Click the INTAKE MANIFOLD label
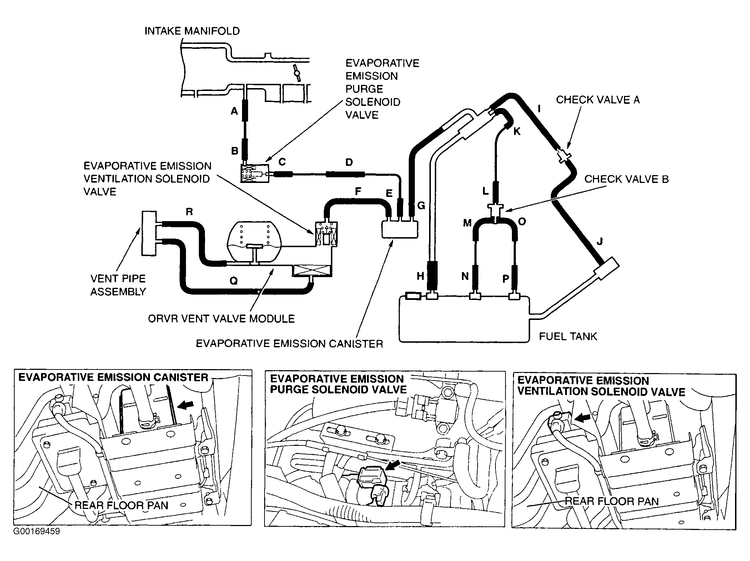click(192, 31)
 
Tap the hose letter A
click(234, 112)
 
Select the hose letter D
click(349, 163)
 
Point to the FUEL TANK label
click(568, 336)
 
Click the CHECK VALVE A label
click(598, 100)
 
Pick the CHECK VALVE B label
click(626, 179)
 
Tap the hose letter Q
click(233, 281)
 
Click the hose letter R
click(189, 212)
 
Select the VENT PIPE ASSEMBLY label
click(118, 285)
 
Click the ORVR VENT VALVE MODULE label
click(221, 318)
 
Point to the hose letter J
click(600, 242)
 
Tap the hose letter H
click(420, 276)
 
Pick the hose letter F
click(358, 192)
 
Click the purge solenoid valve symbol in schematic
click(255, 173)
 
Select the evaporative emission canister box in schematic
click(399, 229)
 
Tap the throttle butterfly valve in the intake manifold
click(296, 73)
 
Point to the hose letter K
click(517, 132)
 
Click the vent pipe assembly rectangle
click(149, 233)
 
